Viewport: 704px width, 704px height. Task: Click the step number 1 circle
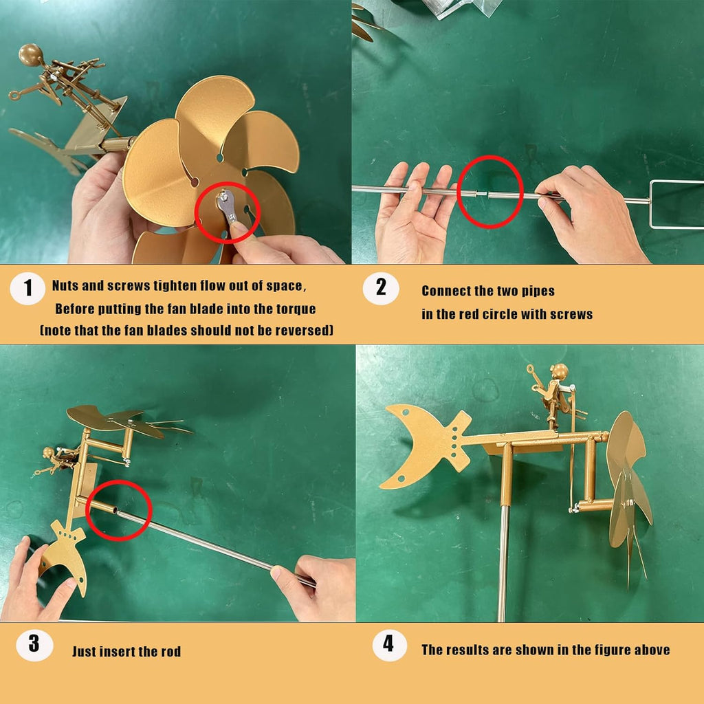point(27,288)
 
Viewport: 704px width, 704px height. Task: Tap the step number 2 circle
point(381,288)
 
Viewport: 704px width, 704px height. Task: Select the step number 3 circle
point(34,644)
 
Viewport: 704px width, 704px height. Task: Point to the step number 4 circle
point(389,645)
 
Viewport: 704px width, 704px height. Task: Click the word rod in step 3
point(170,652)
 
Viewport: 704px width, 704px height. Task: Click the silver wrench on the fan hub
point(227,206)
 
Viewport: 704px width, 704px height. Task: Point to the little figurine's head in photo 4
point(560,372)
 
